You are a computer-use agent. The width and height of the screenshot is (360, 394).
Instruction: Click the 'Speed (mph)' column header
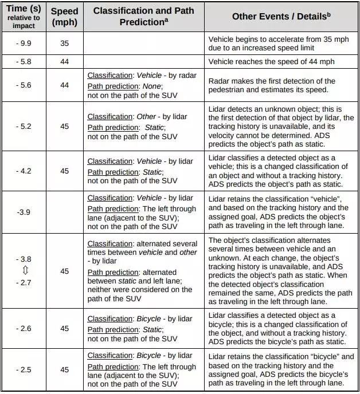click(x=64, y=17)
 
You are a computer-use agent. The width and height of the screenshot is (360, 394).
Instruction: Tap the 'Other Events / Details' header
click(x=281, y=17)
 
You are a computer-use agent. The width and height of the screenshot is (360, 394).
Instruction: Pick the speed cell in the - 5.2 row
click(x=64, y=127)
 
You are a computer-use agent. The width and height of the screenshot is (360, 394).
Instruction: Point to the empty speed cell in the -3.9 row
click(x=64, y=212)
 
